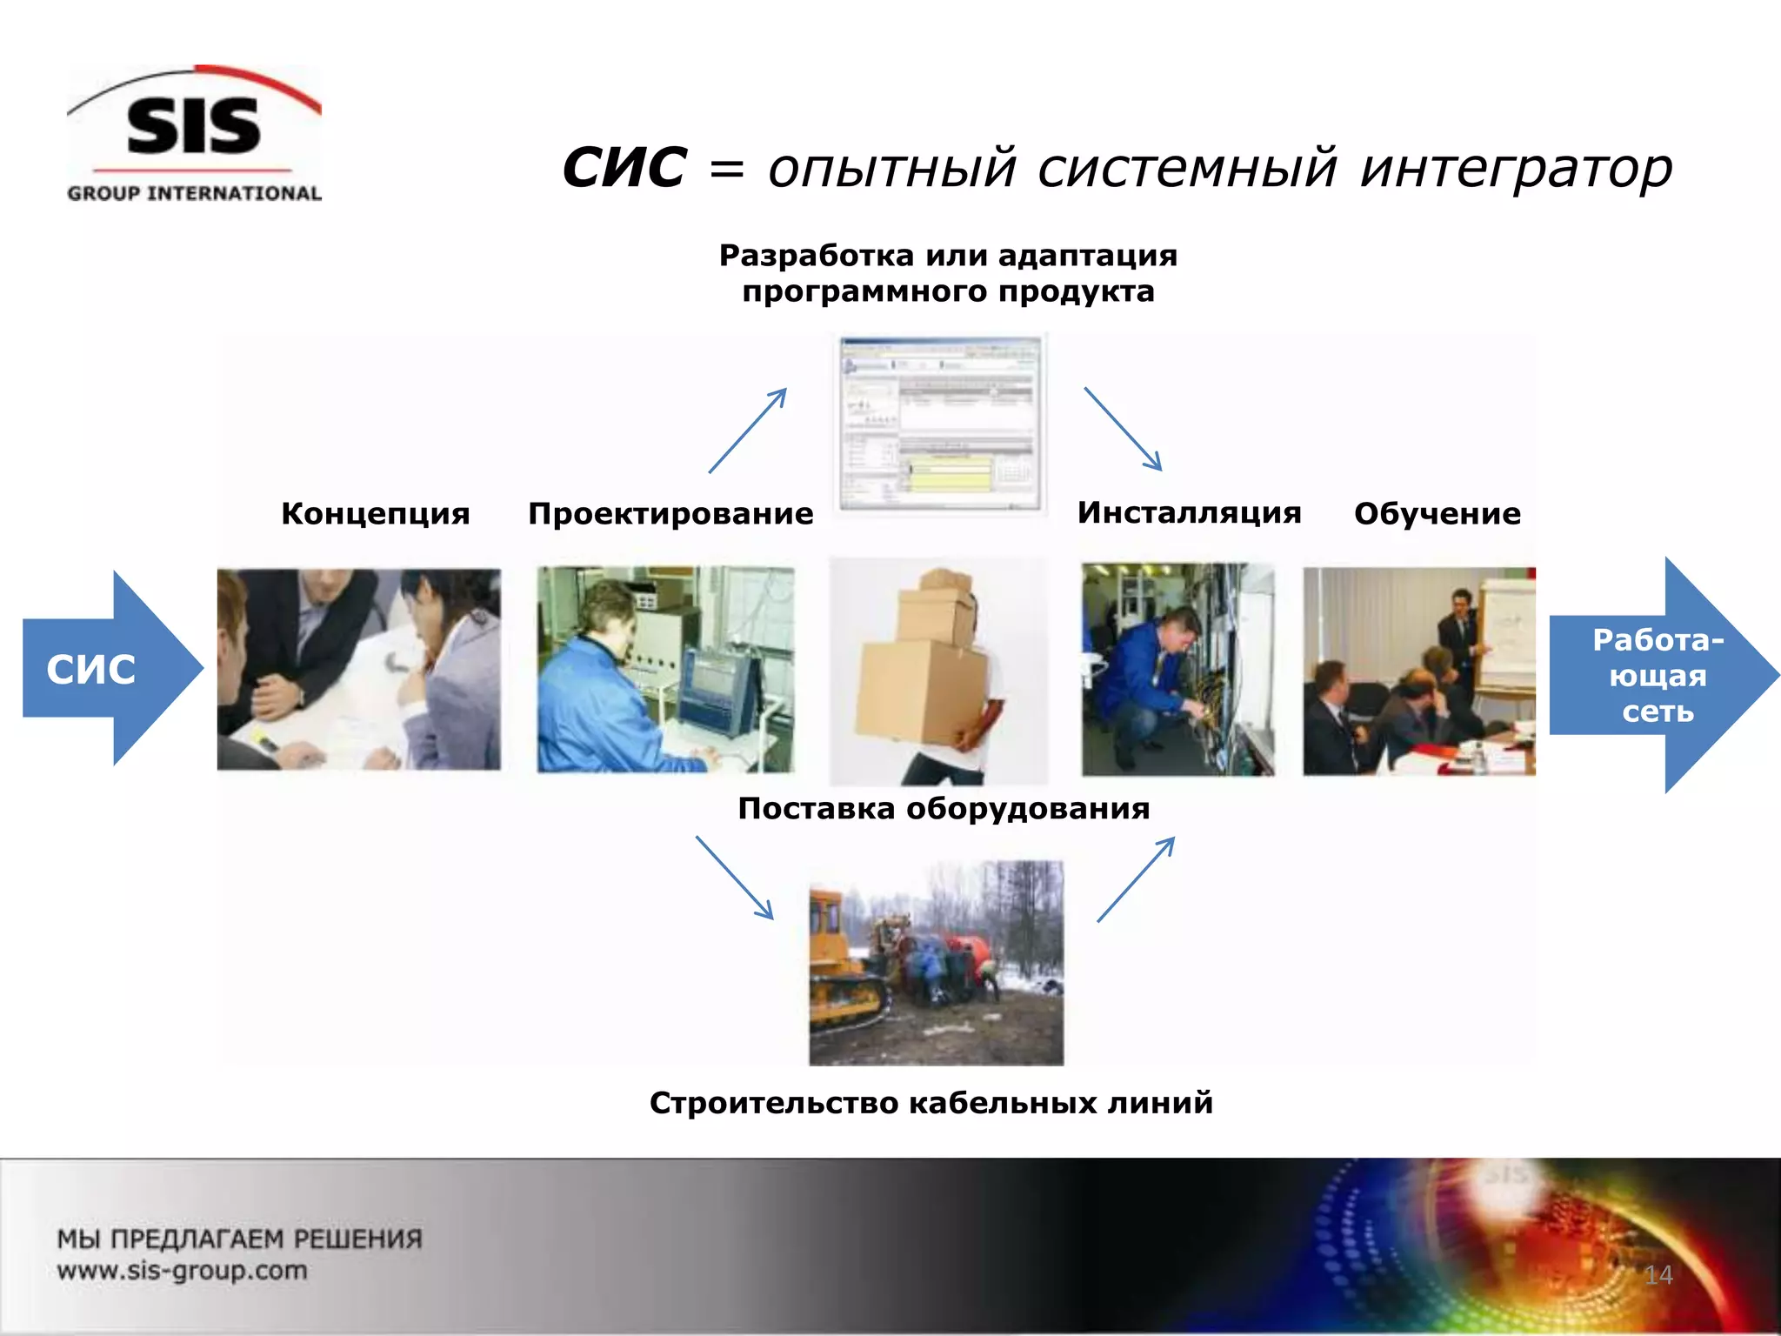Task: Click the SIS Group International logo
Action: pos(194,135)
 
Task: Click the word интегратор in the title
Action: pos(1516,167)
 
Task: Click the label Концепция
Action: pos(375,513)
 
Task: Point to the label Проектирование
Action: pos(670,513)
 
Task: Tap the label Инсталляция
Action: pos(1189,512)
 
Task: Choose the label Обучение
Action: pos(1437,513)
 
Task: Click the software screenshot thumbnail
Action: pos(940,424)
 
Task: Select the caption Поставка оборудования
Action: pos(944,808)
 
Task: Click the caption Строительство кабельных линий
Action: pos(931,1102)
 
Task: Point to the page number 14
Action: pos(1658,1275)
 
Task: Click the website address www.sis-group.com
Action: pos(183,1270)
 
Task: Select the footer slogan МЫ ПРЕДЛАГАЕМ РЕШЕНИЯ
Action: pos(239,1239)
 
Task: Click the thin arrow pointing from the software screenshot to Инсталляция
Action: pos(1123,429)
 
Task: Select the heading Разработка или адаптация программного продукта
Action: pos(948,273)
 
